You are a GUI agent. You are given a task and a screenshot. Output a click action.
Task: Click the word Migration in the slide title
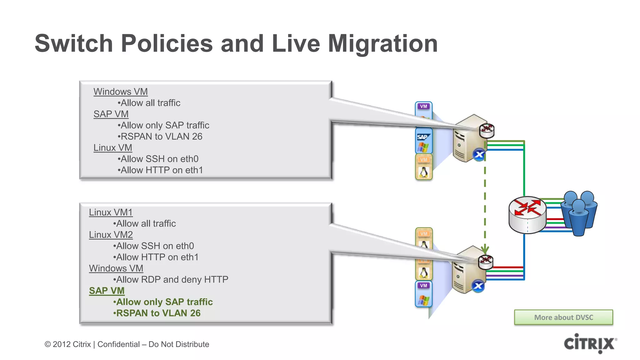tap(382, 43)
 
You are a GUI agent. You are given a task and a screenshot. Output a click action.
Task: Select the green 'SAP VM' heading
tap(107, 291)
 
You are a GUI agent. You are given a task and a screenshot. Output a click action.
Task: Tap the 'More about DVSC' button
tap(563, 317)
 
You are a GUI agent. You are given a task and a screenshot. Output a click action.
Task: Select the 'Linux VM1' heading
tap(111, 212)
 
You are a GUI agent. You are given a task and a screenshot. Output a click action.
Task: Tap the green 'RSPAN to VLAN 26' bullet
tap(158, 313)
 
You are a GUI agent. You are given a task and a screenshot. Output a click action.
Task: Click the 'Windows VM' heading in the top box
tap(120, 92)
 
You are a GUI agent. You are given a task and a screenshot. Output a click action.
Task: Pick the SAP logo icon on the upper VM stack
tap(423, 137)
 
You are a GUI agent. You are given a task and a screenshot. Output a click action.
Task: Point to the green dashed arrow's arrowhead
tap(485, 250)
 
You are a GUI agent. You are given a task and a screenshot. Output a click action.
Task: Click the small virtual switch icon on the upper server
tap(487, 130)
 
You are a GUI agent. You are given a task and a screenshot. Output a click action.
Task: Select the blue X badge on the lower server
tap(478, 286)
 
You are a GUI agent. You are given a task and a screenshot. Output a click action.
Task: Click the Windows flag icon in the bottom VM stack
tap(424, 300)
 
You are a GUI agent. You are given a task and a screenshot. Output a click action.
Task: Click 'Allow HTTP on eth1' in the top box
tap(162, 170)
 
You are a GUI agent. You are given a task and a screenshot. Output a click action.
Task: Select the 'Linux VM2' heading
tap(111, 235)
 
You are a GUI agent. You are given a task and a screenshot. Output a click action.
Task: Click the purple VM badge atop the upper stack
tap(423, 106)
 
